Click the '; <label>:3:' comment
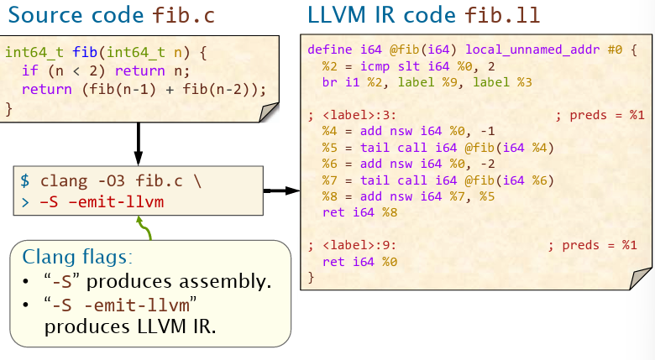coord(353,115)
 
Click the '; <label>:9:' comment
coord(353,245)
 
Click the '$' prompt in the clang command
coord(25,180)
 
